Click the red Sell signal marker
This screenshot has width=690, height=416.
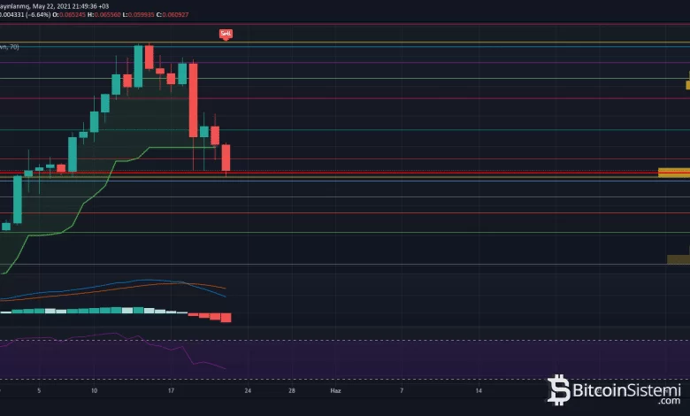click(226, 34)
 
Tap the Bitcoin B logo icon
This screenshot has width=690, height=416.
click(559, 389)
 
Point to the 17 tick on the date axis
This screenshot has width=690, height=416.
click(171, 389)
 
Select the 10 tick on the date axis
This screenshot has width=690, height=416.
click(94, 389)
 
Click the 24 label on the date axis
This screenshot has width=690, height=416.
click(249, 389)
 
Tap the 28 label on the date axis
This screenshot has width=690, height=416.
click(291, 389)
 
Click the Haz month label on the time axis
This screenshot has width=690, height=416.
click(335, 389)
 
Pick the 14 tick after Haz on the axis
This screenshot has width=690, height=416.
click(479, 389)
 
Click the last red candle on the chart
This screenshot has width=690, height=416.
click(226, 158)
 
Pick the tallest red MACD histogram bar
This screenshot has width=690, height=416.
click(226, 317)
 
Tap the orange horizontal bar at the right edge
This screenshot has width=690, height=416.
click(673, 172)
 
